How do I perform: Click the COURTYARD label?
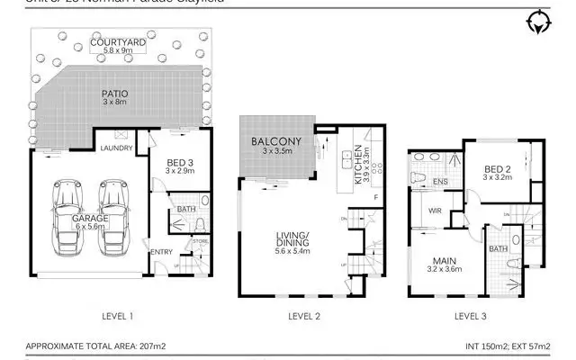click(118, 40)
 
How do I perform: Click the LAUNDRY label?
click(118, 148)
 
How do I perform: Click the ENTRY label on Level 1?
click(163, 251)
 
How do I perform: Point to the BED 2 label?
click(499, 169)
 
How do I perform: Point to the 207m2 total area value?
click(143, 346)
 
